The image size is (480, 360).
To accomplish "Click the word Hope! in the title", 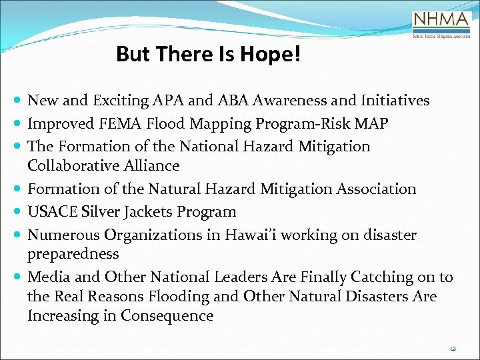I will pyautogui.click(x=275, y=54).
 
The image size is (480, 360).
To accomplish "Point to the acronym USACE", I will pyautogui.click(x=52, y=212).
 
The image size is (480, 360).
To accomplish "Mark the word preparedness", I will pyautogui.click(x=73, y=254).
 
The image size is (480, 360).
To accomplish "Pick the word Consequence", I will pyautogui.click(x=167, y=315).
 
